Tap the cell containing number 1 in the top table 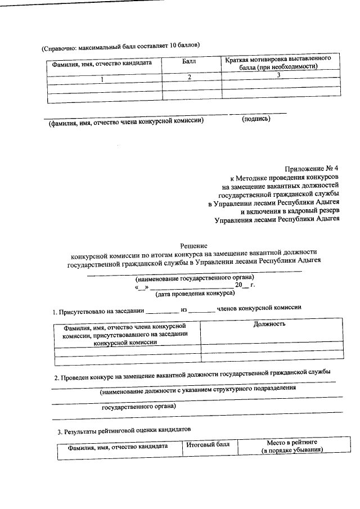click(102, 78)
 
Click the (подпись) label click(256, 119)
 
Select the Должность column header click(269, 323)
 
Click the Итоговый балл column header click(208, 445)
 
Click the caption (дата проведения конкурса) click(195, 293)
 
